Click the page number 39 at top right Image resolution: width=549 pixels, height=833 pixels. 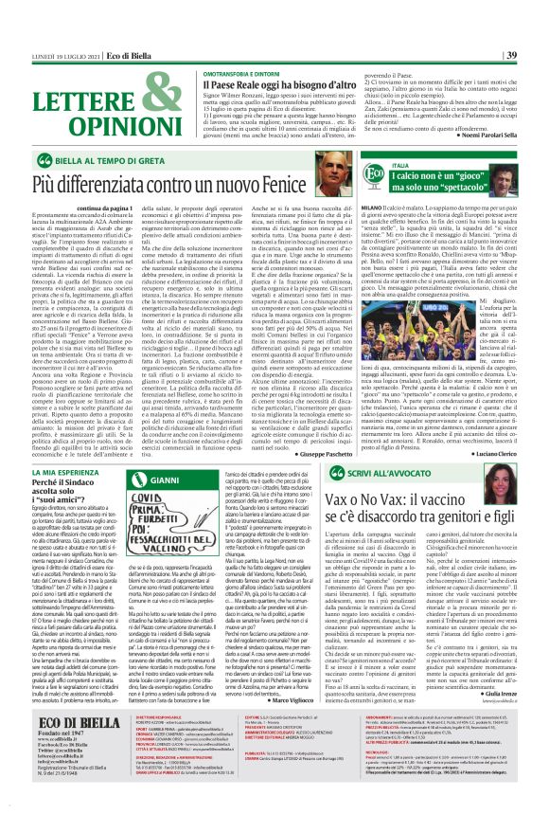click(x=537, y=10)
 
